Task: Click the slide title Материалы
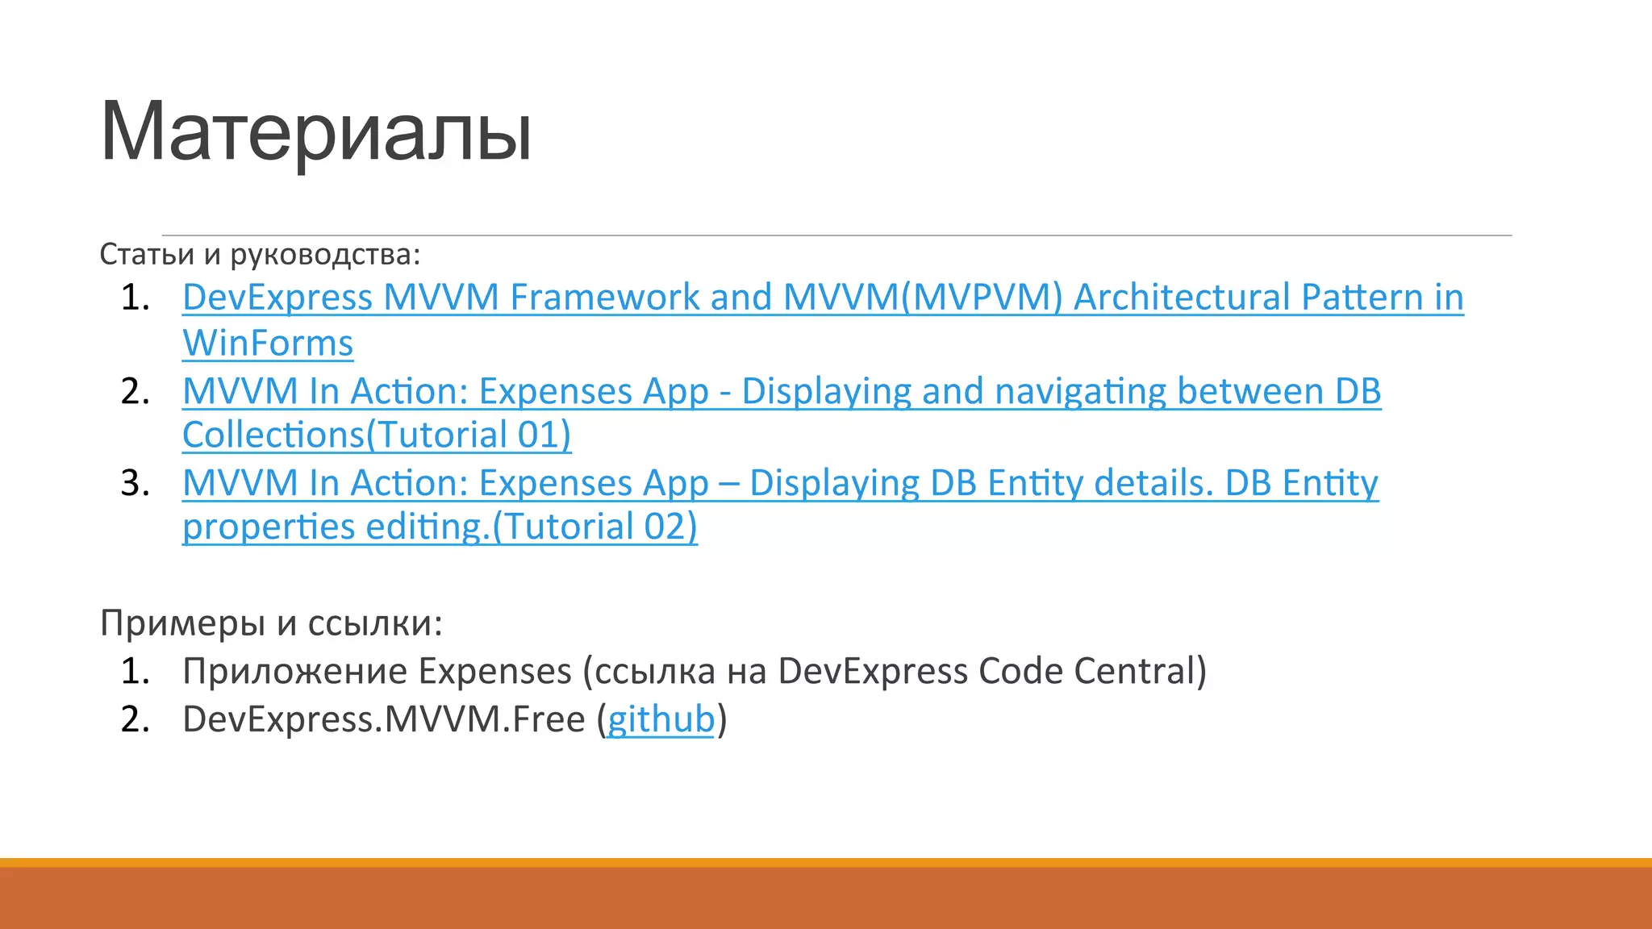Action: point(315,131)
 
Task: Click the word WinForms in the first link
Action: point(268,343)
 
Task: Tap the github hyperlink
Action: point(661,719)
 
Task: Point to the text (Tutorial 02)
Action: point(594,527)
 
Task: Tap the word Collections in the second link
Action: point(273,435)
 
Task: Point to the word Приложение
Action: point(294,671)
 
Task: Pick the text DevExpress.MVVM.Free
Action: point(383,719)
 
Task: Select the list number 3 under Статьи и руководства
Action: point(135,483)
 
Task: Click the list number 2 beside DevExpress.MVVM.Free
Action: point(135,719)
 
